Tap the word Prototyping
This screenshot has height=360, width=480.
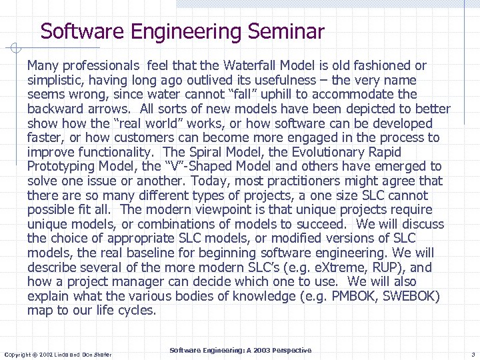tap(61, 167)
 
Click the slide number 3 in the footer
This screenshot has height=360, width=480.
tap(472, 354)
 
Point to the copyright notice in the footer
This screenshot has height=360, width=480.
tap(58, 354)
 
